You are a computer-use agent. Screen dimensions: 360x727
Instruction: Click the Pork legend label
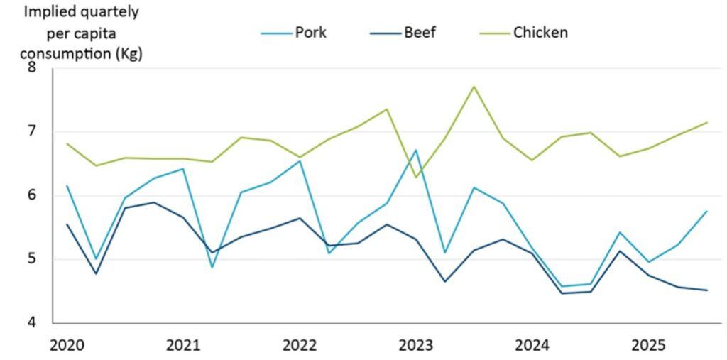pos(311,32)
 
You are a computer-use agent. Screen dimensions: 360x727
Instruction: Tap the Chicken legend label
pos(540,32)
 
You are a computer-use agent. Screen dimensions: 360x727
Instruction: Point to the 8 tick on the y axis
pos(31,68)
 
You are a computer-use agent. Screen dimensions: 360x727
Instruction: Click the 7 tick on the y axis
pos(31,132)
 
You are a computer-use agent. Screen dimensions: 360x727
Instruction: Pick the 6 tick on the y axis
pos(31,196)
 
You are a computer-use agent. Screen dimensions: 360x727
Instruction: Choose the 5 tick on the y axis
pos(31,259)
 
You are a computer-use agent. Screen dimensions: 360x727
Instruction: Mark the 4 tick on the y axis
pos(31,322)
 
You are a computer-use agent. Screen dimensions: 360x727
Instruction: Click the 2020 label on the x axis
pos(67,346)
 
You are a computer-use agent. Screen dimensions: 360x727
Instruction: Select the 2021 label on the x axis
pos(182,346)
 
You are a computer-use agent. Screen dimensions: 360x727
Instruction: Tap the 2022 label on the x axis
pos(300,346)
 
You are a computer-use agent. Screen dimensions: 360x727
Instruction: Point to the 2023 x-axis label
pos(416,346)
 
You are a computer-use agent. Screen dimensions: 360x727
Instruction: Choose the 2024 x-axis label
pos(532,346)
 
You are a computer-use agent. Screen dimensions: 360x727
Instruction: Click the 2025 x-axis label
pos(649,346)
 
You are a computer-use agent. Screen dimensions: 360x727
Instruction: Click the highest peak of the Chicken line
pos(474,87)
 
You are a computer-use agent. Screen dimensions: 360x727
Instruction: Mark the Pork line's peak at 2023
pos(416,150)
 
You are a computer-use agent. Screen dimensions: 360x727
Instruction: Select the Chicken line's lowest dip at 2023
pos(416,177)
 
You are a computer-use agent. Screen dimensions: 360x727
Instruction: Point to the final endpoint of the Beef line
pos(706,290)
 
